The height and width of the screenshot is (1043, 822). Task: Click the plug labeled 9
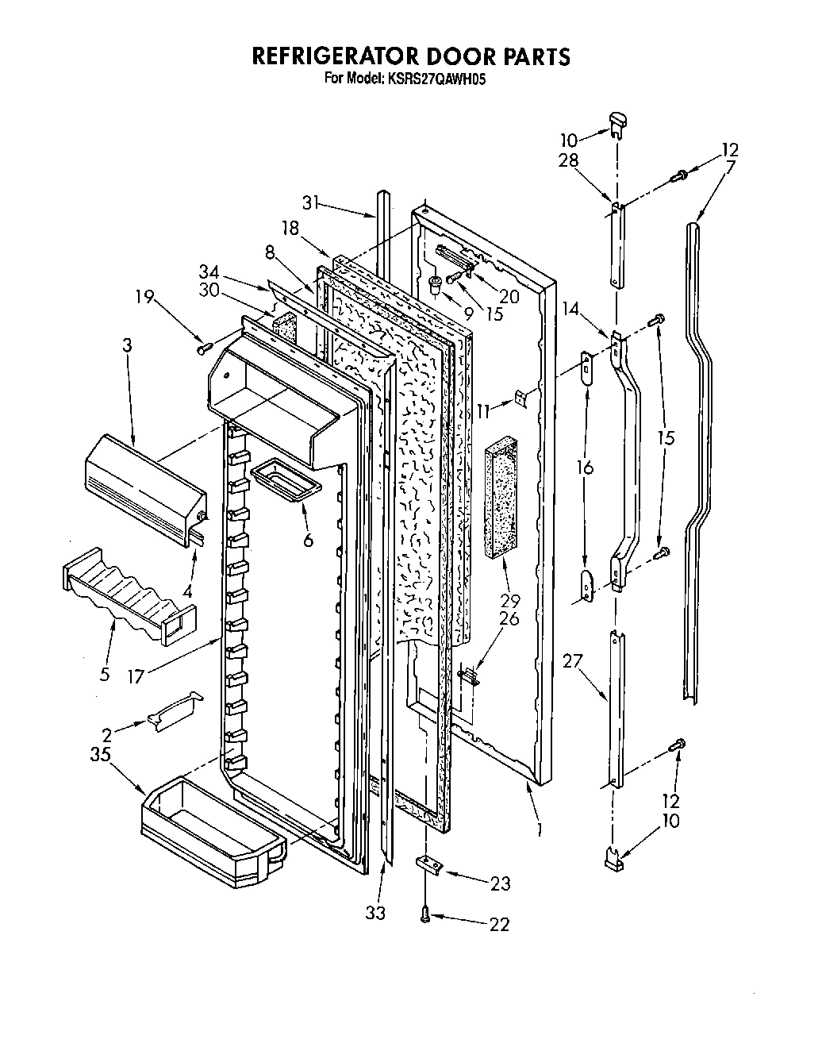coord(435,283)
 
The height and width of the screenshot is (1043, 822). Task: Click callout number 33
coord(375,913)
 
